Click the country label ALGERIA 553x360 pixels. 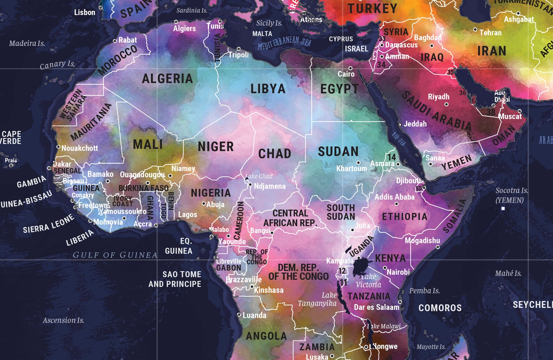(x=167, y=79)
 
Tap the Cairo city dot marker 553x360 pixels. (x=350, y=68)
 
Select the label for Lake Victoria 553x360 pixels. (x=368, y=281)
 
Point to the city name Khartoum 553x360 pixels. (x=351, y=169)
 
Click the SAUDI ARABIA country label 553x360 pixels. (x=437, y=111)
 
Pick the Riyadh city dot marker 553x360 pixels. (x=446, y=104)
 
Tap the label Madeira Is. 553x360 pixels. (x=27, y=44)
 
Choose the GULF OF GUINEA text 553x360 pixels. (x=115, y=255)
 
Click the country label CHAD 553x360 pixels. (x=274, y=154)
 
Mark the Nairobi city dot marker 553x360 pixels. (x=385, y=268)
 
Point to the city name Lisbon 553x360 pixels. (x=85, y=13)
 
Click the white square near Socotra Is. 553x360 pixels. (x=503, y=209)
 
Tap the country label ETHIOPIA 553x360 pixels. (x=405, y=217)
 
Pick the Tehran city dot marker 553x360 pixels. (x=475, y=30)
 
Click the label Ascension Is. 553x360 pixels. (x=63, y=320)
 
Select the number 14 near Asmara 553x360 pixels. (x=392, y=157)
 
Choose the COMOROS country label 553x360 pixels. (x=440, y=308)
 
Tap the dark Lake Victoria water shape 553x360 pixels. (x=362, y=267)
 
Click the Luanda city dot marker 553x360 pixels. (x=239, y=315)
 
